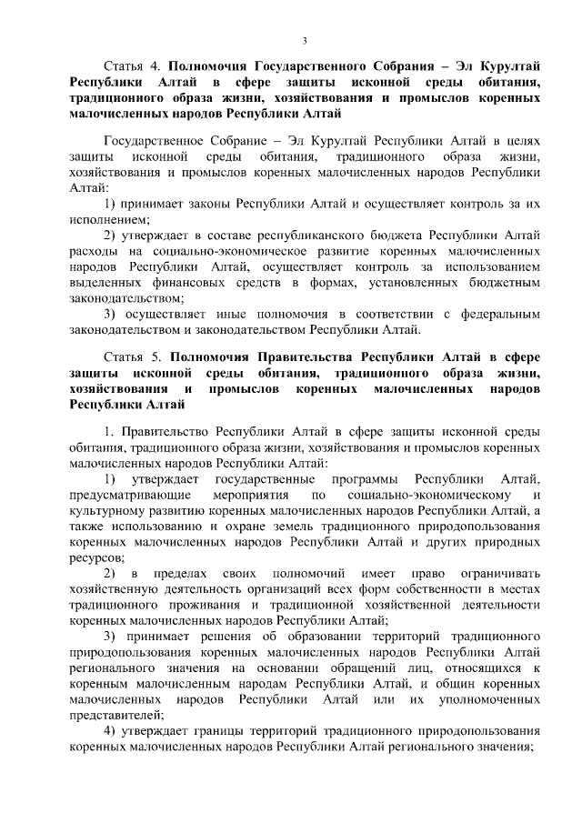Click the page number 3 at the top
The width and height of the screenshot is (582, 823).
tap(305, 41)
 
